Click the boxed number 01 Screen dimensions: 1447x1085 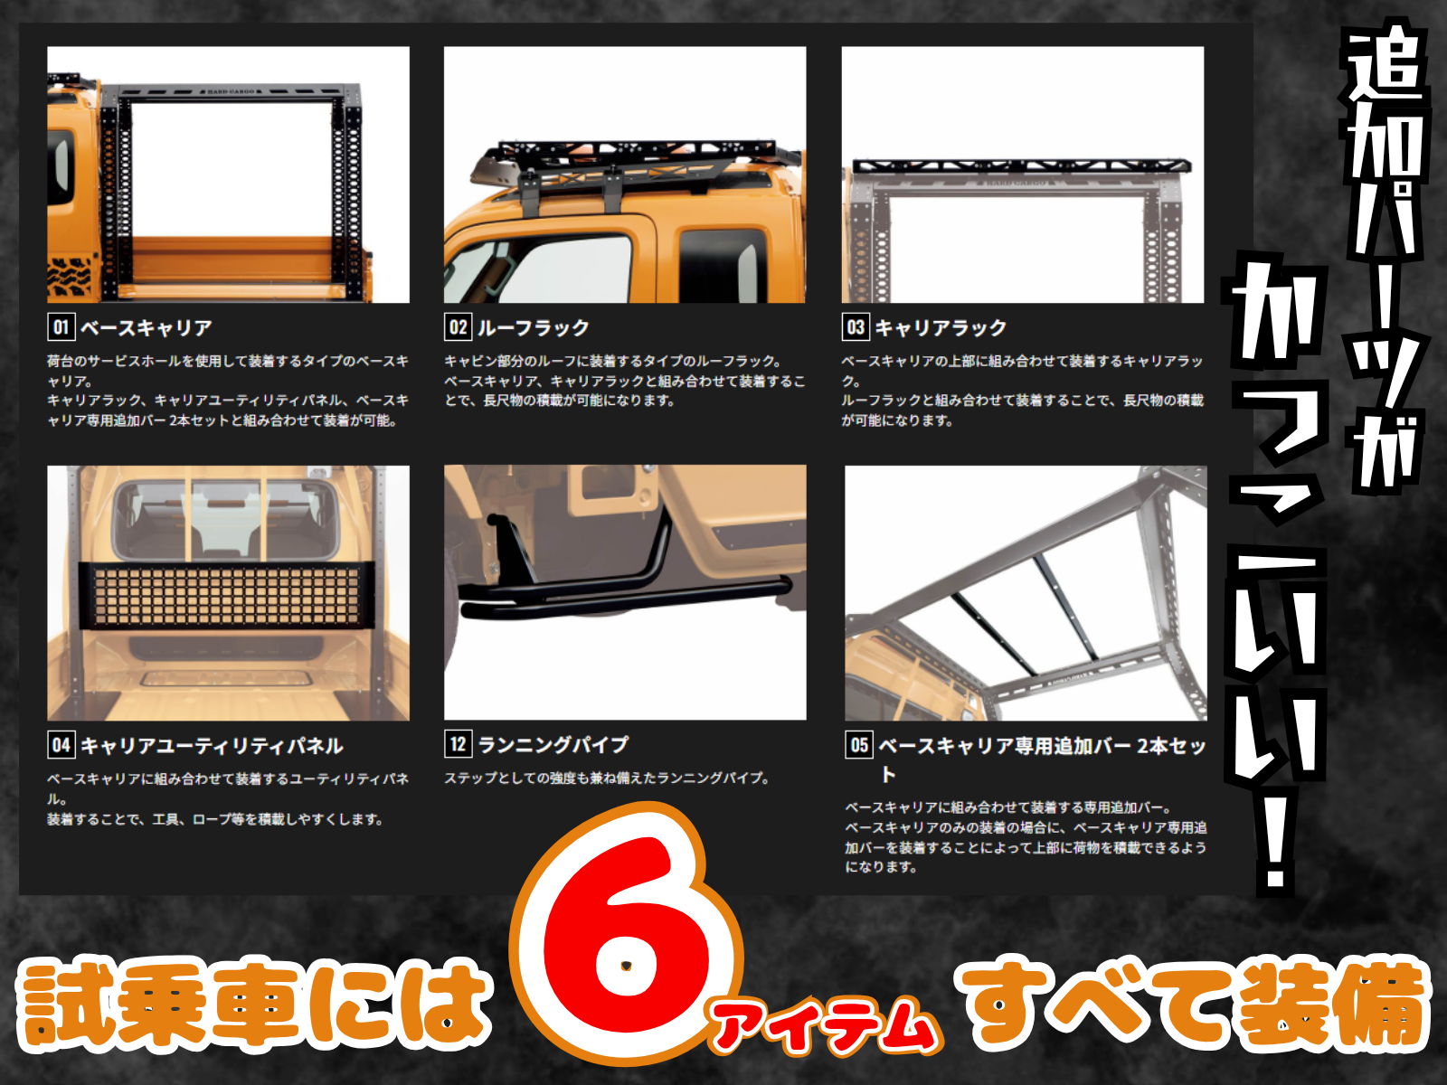click(61, 327)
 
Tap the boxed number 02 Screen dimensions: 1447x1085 click(459, 327)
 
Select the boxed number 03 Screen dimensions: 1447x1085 click(856, 327)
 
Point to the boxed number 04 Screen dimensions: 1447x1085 click(61, 745)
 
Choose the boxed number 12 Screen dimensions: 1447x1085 click(459, 744)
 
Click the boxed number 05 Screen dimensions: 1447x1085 click(859, 745)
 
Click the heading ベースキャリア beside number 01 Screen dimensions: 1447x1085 click(147, 327)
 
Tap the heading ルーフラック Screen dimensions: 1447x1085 click(534, 327)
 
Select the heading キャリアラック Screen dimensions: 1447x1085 click(941, 327)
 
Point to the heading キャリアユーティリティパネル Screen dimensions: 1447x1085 click(212, 746)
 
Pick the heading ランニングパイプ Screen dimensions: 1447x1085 click(553, 744)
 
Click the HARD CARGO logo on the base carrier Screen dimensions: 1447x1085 click(231, 91)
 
